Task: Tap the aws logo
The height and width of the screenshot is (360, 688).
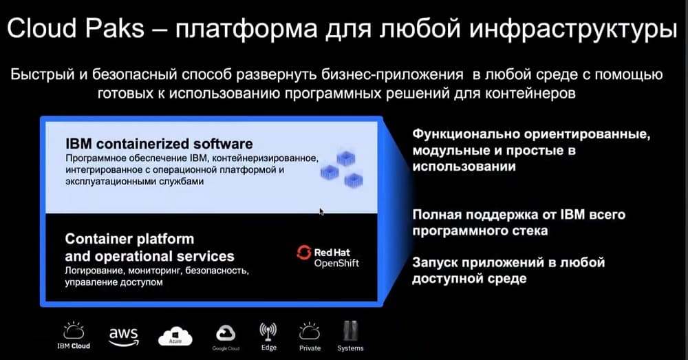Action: click(124, 337)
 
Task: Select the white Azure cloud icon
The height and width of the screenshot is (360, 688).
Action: click(175, 337)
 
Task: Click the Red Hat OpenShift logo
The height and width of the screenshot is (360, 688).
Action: click(327, 257)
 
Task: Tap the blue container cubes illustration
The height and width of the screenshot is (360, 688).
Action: click(342, 169)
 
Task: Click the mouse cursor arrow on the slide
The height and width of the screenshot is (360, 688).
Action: click(321, 212)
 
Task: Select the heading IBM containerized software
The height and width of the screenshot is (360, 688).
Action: click(159, 144)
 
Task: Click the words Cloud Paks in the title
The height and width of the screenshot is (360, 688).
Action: click(76, 28)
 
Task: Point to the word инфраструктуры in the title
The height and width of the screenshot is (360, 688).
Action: click(573, 29)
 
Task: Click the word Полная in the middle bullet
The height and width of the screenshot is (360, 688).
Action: click(436, 215)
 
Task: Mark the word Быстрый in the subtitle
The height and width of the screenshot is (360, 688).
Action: click(43, 74)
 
